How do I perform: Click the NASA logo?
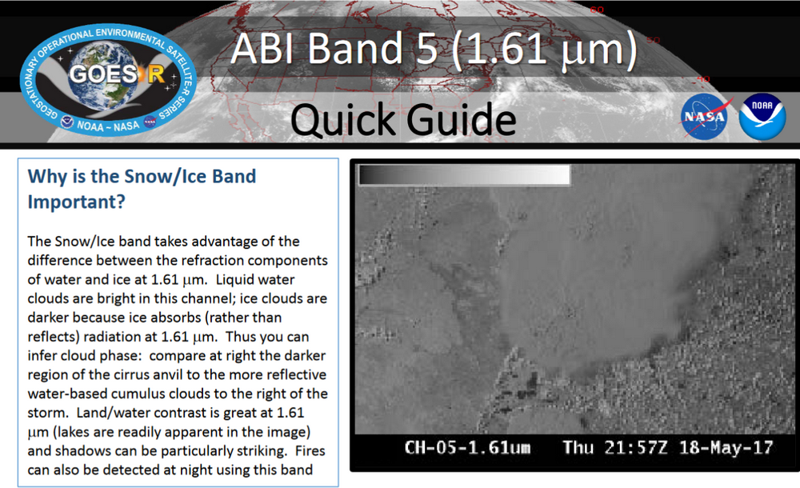pyautogui.click(x=706, y=118)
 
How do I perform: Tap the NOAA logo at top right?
pyautogui.click(x=762, y=118)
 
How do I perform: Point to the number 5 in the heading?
pyautogui.click(x=422, y=50)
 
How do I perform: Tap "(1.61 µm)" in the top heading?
pyautogui.click(x=544, y=50)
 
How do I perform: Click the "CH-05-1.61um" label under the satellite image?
pyautogui.click(x=467, y=447)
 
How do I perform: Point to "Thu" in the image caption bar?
pyautogui.click(x=578, y=447)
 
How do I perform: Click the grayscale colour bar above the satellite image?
pyautogui.click(x=464, y=175)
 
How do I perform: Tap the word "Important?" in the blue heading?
pyautogui.click(x=76, y=202)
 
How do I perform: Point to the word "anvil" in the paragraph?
pyautogui.click(x=178, y=374)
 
